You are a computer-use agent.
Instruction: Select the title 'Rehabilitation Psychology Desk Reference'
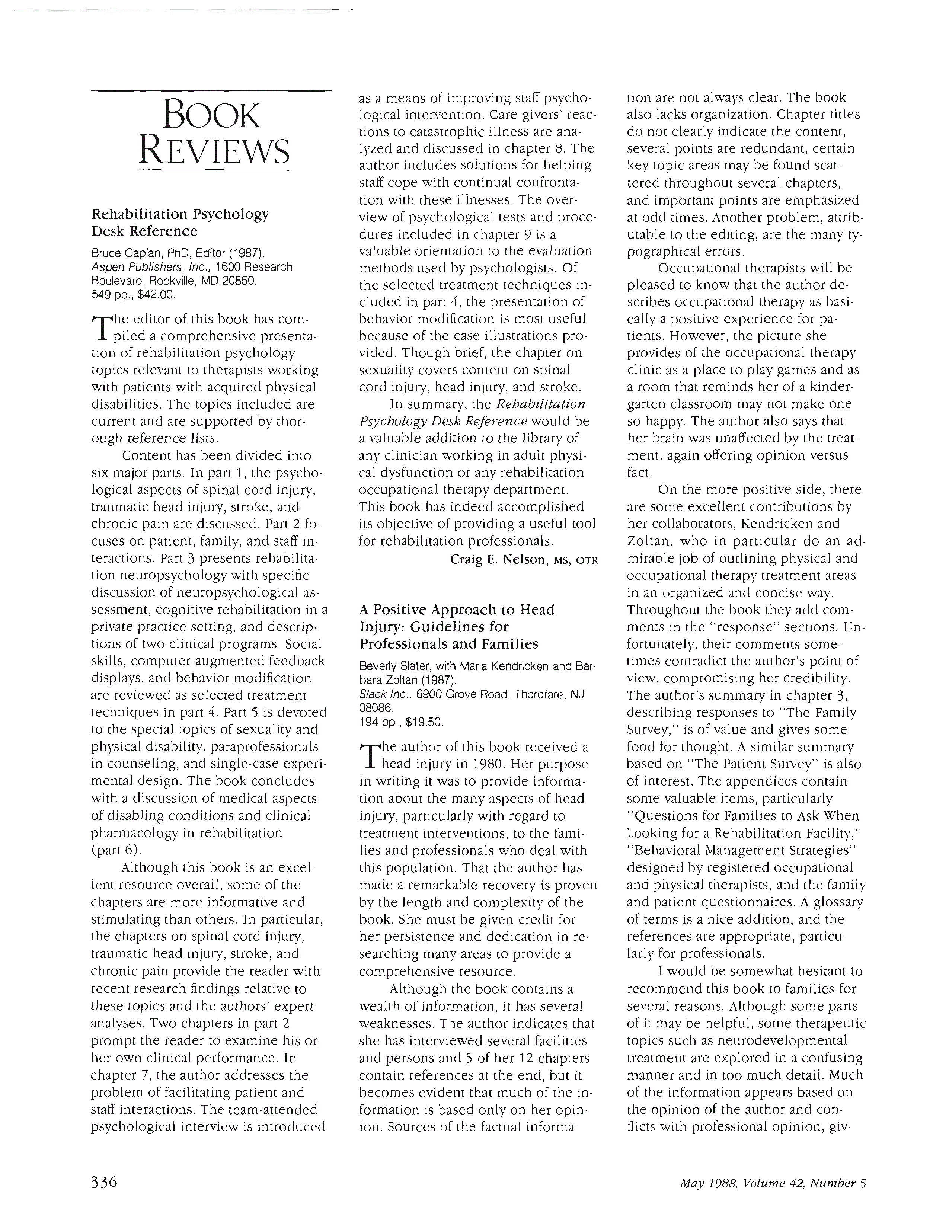pyautogui.click(x=180, y=223)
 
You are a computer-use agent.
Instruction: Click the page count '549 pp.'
pyautogui.click(x=110, y=294)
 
